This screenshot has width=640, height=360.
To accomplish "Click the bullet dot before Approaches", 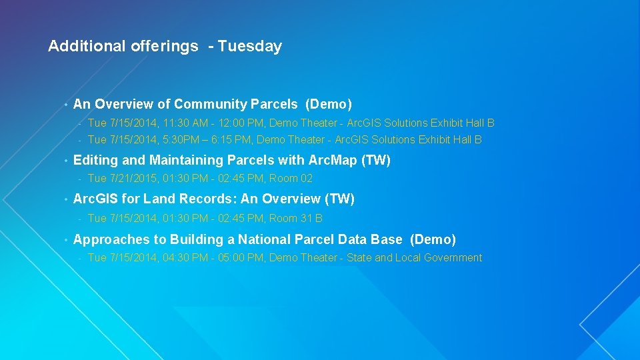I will click(x=65, y=240).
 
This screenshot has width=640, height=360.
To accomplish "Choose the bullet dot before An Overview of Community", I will click(x=65, y=105).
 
